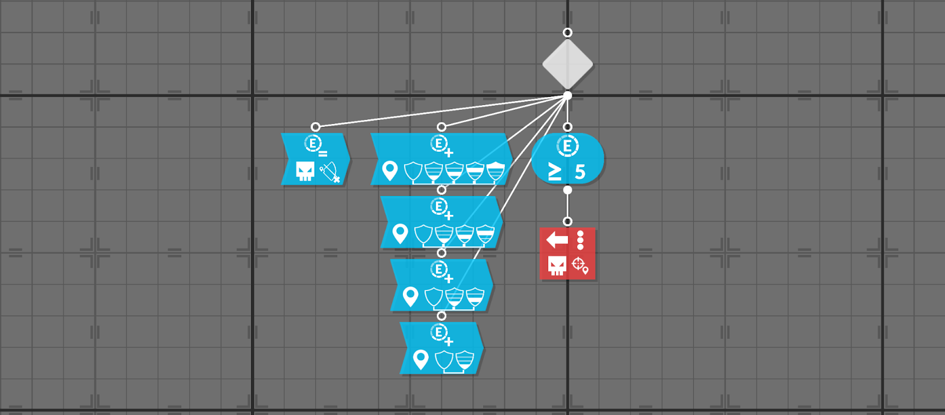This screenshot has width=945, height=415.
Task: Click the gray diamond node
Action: [x=568, y=64]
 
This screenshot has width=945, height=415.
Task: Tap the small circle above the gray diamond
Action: [x=568, y=32]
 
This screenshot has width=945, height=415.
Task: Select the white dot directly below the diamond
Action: [x=568, y=96]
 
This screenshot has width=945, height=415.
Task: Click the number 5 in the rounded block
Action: [x=580, y=172]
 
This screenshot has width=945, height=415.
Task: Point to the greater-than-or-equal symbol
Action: [x=555, y=172]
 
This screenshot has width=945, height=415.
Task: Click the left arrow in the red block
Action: [x=557, y=240]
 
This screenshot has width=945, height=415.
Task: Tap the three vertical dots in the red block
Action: [x=581, y=240]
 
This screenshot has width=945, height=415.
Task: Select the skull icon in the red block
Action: [x=557, y=266]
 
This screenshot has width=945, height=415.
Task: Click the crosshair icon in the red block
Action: [x=579, y=265]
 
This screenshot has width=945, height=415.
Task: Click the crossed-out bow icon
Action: [x=330, y=172]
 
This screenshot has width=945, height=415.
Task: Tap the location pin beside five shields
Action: [x=390, y=171]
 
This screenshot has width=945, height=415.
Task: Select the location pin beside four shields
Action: [x=400, y=234]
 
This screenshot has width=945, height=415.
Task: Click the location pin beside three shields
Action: [x=410, y=296]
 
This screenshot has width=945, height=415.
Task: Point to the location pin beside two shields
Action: [x=421, y=359]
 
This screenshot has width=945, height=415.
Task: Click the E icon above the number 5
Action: [x=568, y=145]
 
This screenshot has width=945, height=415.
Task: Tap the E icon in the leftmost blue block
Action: [x=313, y=143]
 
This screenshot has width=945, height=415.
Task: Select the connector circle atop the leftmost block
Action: [x=315, y=127]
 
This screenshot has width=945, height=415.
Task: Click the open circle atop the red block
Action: [x=568, y=221]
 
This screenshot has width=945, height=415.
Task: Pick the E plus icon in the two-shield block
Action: [x=439, y=334]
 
